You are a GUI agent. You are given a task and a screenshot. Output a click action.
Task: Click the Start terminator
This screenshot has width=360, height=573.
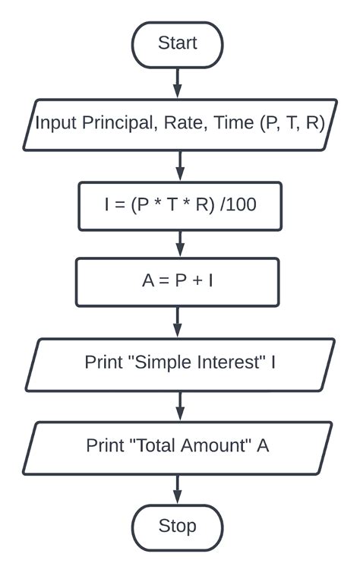coord(177,44)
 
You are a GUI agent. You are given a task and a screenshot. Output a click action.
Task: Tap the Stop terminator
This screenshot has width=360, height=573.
coord(177,526)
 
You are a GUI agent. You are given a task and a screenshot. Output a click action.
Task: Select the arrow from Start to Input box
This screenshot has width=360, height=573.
coord(178,82)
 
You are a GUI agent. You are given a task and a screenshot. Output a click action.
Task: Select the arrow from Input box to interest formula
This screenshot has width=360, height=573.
coord(179,164)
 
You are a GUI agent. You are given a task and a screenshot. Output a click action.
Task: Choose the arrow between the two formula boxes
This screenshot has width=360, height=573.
coord(179,244)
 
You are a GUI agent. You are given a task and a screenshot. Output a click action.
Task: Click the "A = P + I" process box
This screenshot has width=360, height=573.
coord(178,282)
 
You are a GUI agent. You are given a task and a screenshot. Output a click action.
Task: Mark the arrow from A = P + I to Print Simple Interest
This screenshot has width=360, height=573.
coord(179,321)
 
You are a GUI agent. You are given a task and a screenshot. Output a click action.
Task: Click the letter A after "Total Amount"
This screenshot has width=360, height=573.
coord(263,445)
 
